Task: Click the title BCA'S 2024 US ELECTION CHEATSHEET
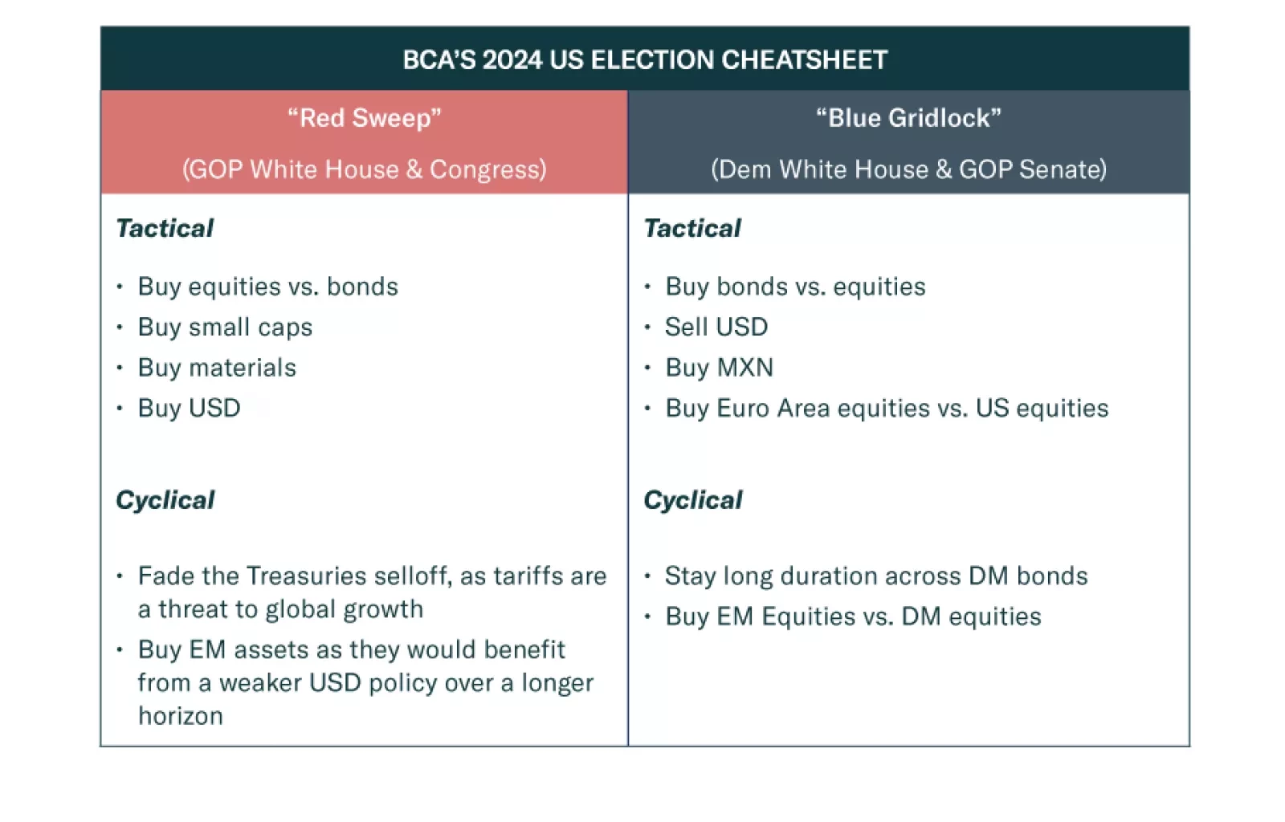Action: coord(645,59)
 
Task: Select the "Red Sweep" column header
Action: coord(365,118)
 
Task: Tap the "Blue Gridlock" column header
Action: coord(908,118)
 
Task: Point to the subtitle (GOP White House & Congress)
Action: coord(365,169)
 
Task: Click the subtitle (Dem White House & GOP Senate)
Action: coord(908,169)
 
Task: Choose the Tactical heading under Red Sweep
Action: coord(165,228)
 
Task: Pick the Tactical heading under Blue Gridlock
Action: coord(692,228)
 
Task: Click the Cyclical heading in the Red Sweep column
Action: coord(165,500)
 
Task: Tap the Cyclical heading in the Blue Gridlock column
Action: coord(693,500)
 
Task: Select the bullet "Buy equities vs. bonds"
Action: coord(268,287)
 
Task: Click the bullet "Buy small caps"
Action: coord(225,328)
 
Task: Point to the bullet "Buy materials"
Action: coord(217,368)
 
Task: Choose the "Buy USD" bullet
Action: coord(190,408)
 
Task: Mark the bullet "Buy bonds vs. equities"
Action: coord(796,287)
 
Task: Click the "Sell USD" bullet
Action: coord(716,327)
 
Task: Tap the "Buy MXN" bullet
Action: coord(720,368)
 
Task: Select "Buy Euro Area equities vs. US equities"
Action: coord(887,408)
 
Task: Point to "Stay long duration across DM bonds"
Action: coord(876,576)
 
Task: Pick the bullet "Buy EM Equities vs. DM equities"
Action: coord(853,616)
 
